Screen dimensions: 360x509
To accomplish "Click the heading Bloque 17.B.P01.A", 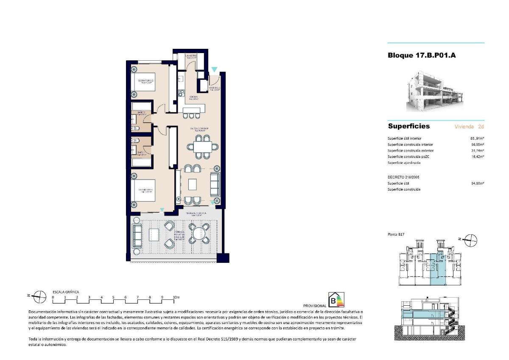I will pyautogui.click(x=422, y=55).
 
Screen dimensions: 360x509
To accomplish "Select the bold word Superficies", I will pyautogui.click(x=408, y=126).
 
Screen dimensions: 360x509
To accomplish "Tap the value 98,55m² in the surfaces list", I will pyautogui.click(x=477, y=145).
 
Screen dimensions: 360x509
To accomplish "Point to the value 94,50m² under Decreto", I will pyautogui.click(x=477, y=183).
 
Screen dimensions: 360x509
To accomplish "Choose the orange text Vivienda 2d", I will pyautogui.click(x=469, y=127).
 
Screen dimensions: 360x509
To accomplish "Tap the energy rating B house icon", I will pyautogui.click(x=337, y=300).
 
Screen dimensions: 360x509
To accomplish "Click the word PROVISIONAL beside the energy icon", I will pyautogui.click(x=315, y=306).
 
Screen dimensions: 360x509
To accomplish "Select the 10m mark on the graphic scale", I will pyautogui.click(x=176, y=298).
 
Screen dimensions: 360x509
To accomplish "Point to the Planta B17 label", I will pyautogui.click(x=395, y=234).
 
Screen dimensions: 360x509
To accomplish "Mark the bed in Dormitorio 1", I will pyautogui.click(x=143, y=191).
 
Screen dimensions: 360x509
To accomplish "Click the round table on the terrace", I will pyautogui.click(x=199, y=233).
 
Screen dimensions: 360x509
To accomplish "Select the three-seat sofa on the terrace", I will pyautogui.click(x=137, y=236).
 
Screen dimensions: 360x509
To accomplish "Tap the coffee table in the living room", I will pyautogui.click(x=193, y=184).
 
